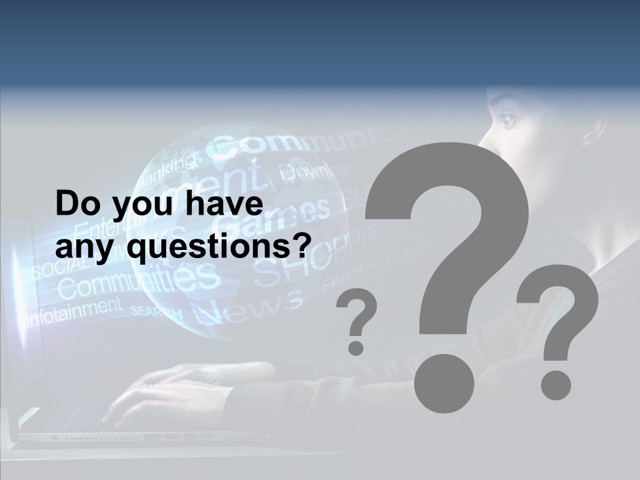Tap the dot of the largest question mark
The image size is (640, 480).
point(444,382)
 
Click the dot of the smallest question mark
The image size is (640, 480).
point(356,347)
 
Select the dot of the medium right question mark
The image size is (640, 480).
point(556,385)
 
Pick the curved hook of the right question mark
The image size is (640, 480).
point(560,300)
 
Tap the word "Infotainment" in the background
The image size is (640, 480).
point(73,311)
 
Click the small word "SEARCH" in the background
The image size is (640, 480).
point(156,311)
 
